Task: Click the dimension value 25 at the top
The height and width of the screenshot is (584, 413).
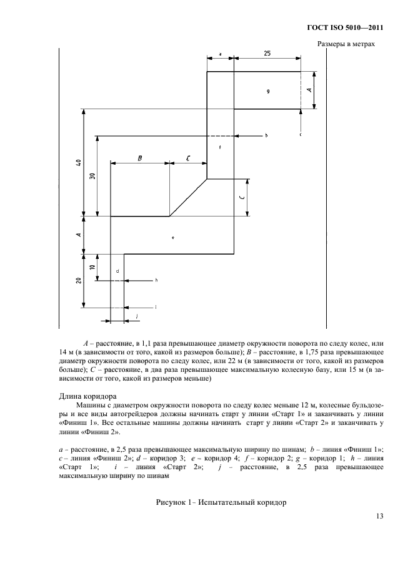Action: pos(267,54)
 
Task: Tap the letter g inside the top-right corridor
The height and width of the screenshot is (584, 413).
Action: pos(267,91)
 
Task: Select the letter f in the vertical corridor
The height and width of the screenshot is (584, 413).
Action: pos(221,147)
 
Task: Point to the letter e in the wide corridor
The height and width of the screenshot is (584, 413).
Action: pos(172,238)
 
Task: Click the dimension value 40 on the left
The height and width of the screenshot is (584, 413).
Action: pos(78,163)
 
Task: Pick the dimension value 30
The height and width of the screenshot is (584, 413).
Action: pos(92,176)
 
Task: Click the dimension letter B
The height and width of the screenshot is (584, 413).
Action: pos(140,158)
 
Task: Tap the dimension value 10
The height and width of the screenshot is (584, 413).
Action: pos(92,267)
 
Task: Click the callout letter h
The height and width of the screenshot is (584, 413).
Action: pos(156,281)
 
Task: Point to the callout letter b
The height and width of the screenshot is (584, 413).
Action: pos(266,135)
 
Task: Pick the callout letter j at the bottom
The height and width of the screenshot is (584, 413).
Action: pos(136,317)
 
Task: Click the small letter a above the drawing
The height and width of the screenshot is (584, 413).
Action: pos(221,54)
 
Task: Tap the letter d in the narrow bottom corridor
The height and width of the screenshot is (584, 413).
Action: pos(117,270)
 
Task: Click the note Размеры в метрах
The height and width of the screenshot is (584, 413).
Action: pos(346,44)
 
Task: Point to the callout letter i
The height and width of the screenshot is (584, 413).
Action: pos(156,307)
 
